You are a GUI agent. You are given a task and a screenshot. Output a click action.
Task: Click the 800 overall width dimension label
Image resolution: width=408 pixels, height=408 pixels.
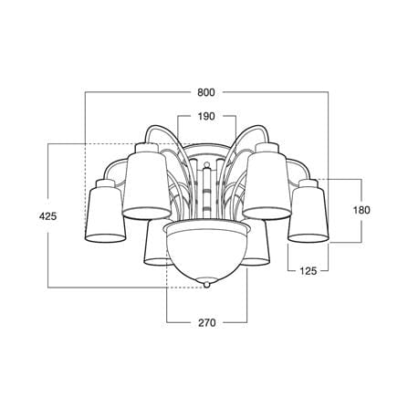[x=206, y=92]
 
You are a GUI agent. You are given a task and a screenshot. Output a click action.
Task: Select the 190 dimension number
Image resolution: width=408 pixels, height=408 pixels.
[x=206, y=116]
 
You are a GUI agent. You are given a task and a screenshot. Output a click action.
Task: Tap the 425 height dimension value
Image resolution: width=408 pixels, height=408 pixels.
[x=48, y=216]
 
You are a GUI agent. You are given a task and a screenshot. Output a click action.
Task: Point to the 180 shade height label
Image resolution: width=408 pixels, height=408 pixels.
[x=361, y=210]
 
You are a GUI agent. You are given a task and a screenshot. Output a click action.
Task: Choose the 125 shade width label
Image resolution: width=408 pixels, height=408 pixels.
[x=309, y=270]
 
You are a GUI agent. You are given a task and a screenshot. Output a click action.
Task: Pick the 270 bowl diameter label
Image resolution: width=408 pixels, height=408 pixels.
[x=207, y=322]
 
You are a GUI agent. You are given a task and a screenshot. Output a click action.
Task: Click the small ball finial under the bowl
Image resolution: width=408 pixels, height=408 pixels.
[x=206, y=285]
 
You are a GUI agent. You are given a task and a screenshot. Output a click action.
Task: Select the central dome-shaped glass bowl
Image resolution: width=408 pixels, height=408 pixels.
[x=207, y=251]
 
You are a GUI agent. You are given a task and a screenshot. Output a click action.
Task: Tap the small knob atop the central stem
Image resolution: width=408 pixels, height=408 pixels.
[x=206, y=166]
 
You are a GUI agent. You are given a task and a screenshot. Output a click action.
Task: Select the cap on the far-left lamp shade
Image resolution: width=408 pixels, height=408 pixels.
[x=106, y=183]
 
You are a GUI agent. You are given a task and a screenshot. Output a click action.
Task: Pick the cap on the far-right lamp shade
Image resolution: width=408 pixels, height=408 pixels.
[x=308, y=183]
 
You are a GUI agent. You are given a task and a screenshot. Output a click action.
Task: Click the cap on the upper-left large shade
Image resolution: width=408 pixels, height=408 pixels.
[x=146, y=149]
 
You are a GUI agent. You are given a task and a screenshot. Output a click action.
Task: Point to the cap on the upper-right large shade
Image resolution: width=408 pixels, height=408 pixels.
[x=267, y=149]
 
